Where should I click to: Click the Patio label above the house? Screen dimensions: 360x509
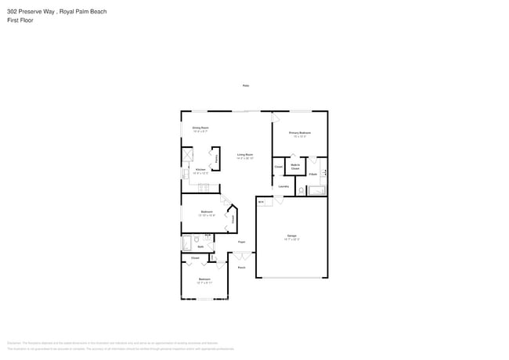click(245, 85)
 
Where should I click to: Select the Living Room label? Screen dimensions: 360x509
click(245, 155)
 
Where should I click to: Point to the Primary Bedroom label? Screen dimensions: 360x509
click(299, 133)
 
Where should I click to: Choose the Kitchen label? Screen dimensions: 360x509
click(200, 170)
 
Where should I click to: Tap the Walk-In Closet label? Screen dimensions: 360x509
click(295, 167)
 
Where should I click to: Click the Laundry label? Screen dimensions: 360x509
click(283, 186)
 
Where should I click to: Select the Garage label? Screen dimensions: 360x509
click(291, 236)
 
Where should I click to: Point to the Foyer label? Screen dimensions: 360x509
click(242, 242)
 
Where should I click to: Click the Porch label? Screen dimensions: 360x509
click(242, 267)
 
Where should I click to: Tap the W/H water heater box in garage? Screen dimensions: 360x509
click(261, 201)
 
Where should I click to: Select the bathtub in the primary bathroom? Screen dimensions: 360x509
click(317, 190)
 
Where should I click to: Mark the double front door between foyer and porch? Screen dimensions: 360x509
click(242, 254)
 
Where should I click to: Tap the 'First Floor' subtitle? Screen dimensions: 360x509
click(20, 20)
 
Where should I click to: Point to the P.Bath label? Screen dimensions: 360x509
click(312, 174)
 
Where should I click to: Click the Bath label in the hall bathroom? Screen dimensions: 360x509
click(200, 246)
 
